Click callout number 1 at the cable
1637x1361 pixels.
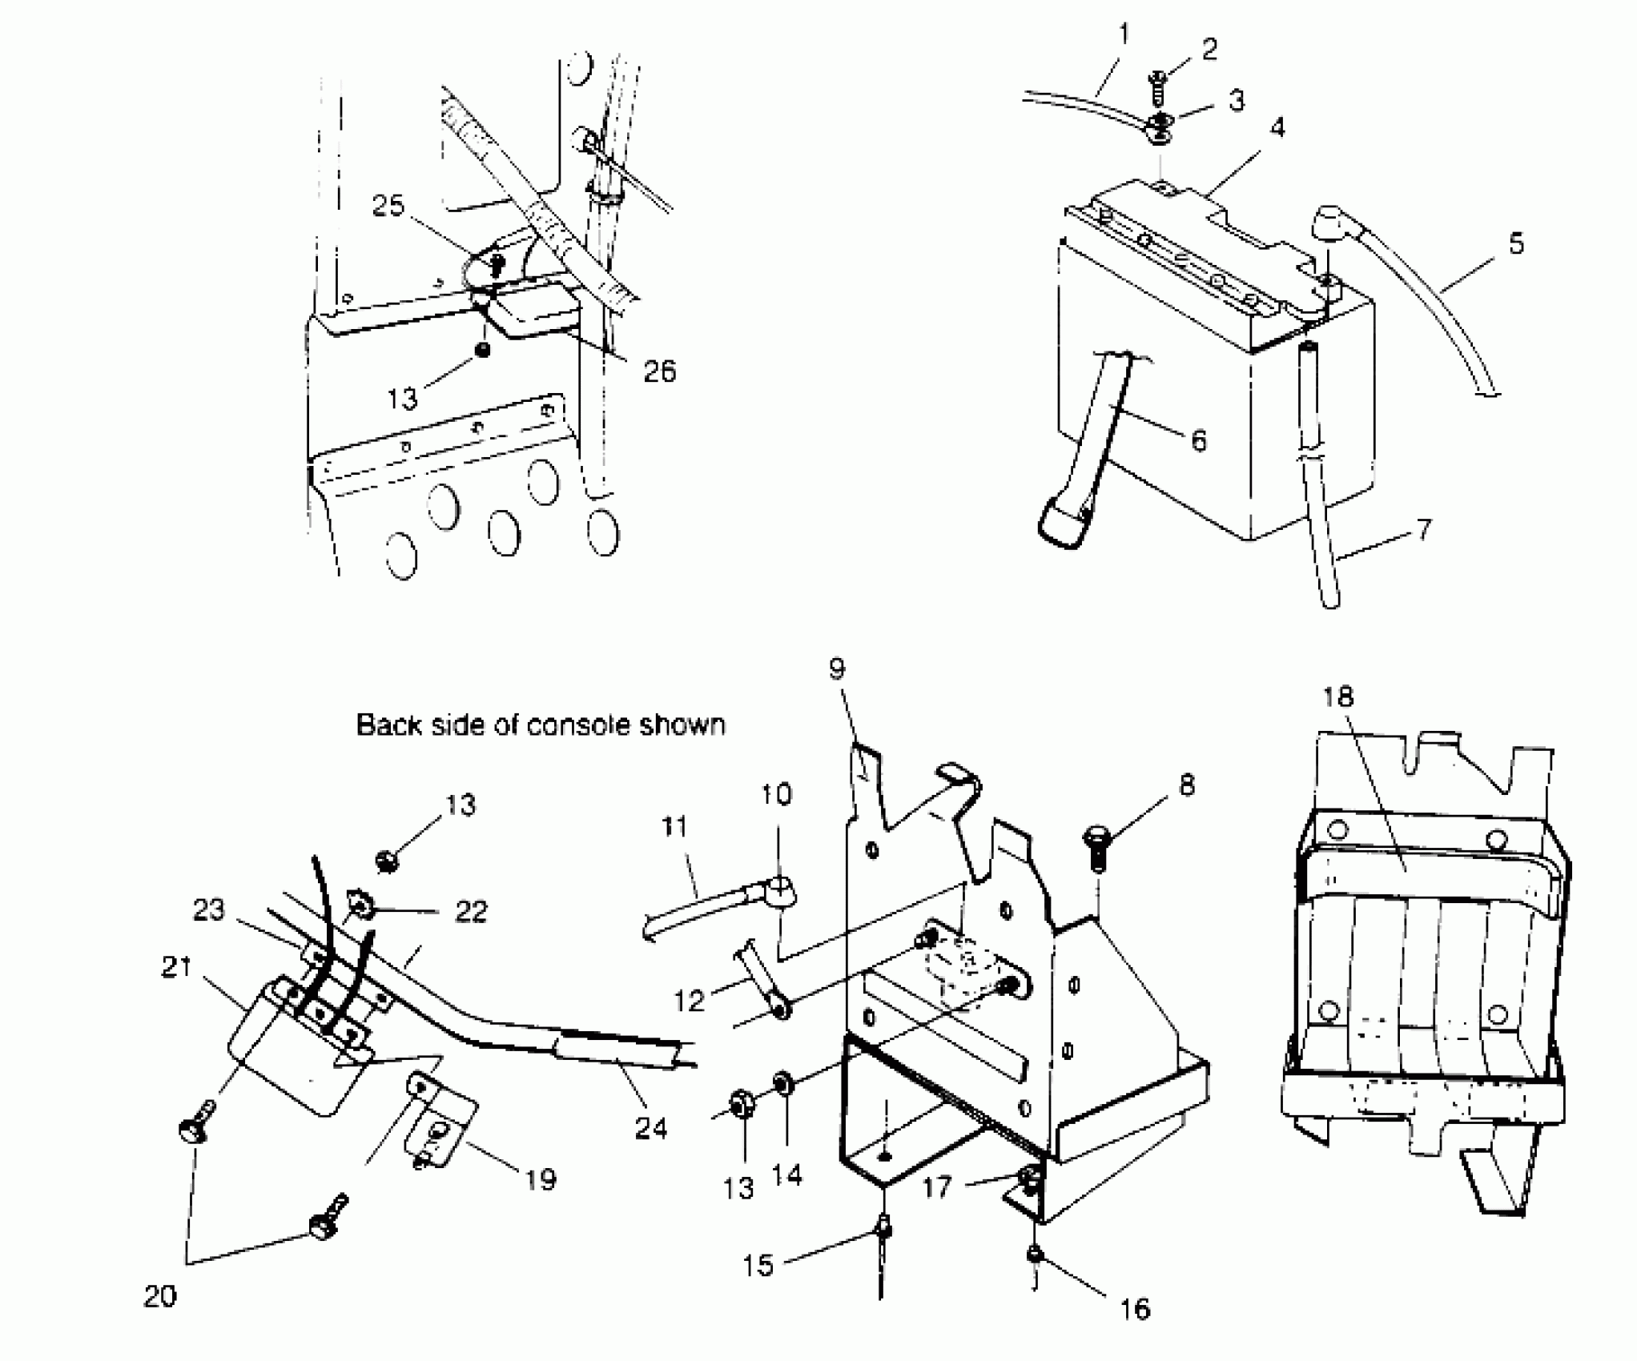[1124, 35]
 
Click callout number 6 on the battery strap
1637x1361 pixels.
[1198, 440]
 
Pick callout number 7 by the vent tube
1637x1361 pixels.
[1423, 530]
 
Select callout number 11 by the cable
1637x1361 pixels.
[674, 827]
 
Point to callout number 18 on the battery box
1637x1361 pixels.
[1337, 697]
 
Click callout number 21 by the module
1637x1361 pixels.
[176, 968]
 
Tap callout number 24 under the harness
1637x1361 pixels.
[651, 1129]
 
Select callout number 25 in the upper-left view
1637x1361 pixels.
[388, 207]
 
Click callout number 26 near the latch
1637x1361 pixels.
[660, 371]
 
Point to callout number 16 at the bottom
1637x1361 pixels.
[1135, 1310]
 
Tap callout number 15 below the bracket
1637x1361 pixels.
[758, 1266]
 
